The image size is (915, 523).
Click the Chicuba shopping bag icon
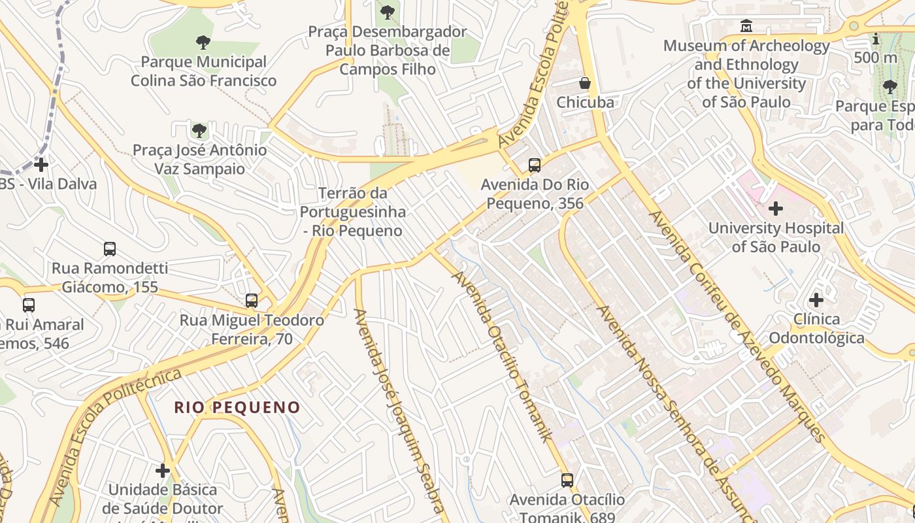[x=585, y=83]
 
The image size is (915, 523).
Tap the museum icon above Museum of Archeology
[x=746, y=26]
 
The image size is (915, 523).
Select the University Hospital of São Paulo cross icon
[x=776, y=209]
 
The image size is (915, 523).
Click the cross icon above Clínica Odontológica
[x=816, y=300]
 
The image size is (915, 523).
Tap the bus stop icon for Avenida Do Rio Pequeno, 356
[x=535, y=165]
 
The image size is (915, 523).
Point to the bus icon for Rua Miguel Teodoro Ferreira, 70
[x=252, y=301]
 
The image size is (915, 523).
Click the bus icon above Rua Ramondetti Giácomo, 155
[x=110, y=249]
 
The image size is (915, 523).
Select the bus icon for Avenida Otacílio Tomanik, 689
[x=567, y=481]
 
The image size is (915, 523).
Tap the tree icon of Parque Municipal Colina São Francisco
[x=203, y=42]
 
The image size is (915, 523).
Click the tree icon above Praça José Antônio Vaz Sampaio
[x=199, y=131]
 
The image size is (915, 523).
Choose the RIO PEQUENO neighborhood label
[x=237, y=407]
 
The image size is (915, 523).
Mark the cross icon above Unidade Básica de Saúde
[x=163, y=470]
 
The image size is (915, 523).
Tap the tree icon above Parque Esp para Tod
[x=890, y=86]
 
